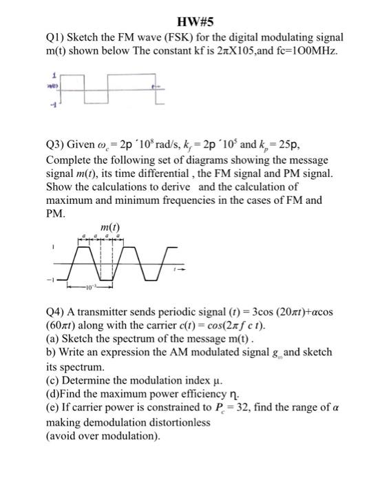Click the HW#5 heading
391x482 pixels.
click(195, 20)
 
